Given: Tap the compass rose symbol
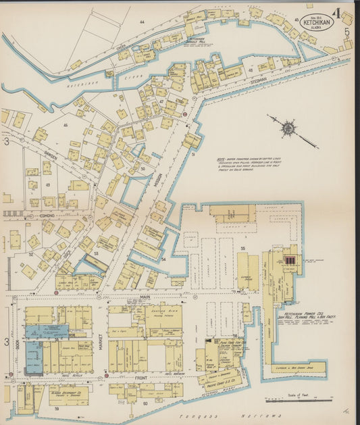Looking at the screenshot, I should point(288,127).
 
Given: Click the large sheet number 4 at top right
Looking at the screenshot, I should point(336,12).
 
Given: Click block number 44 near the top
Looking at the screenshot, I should point(142,22).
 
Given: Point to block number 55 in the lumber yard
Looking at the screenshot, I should point(242,248).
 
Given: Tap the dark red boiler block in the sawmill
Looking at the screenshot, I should point(290,259).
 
